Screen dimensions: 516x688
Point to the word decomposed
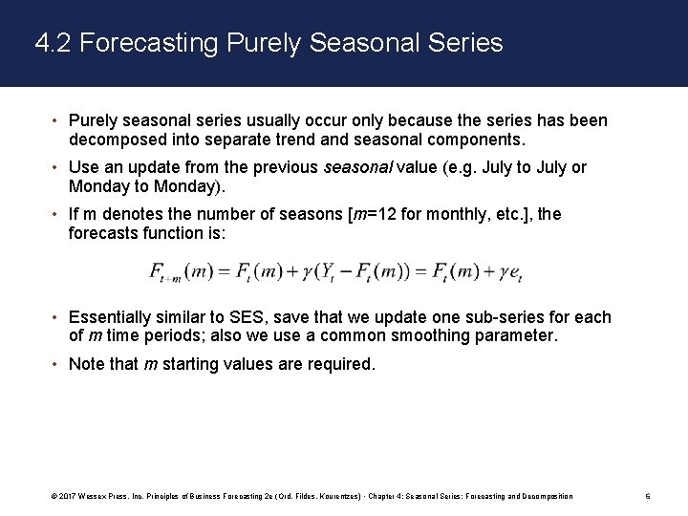(117, 140)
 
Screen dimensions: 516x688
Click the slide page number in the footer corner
(648, 496)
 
